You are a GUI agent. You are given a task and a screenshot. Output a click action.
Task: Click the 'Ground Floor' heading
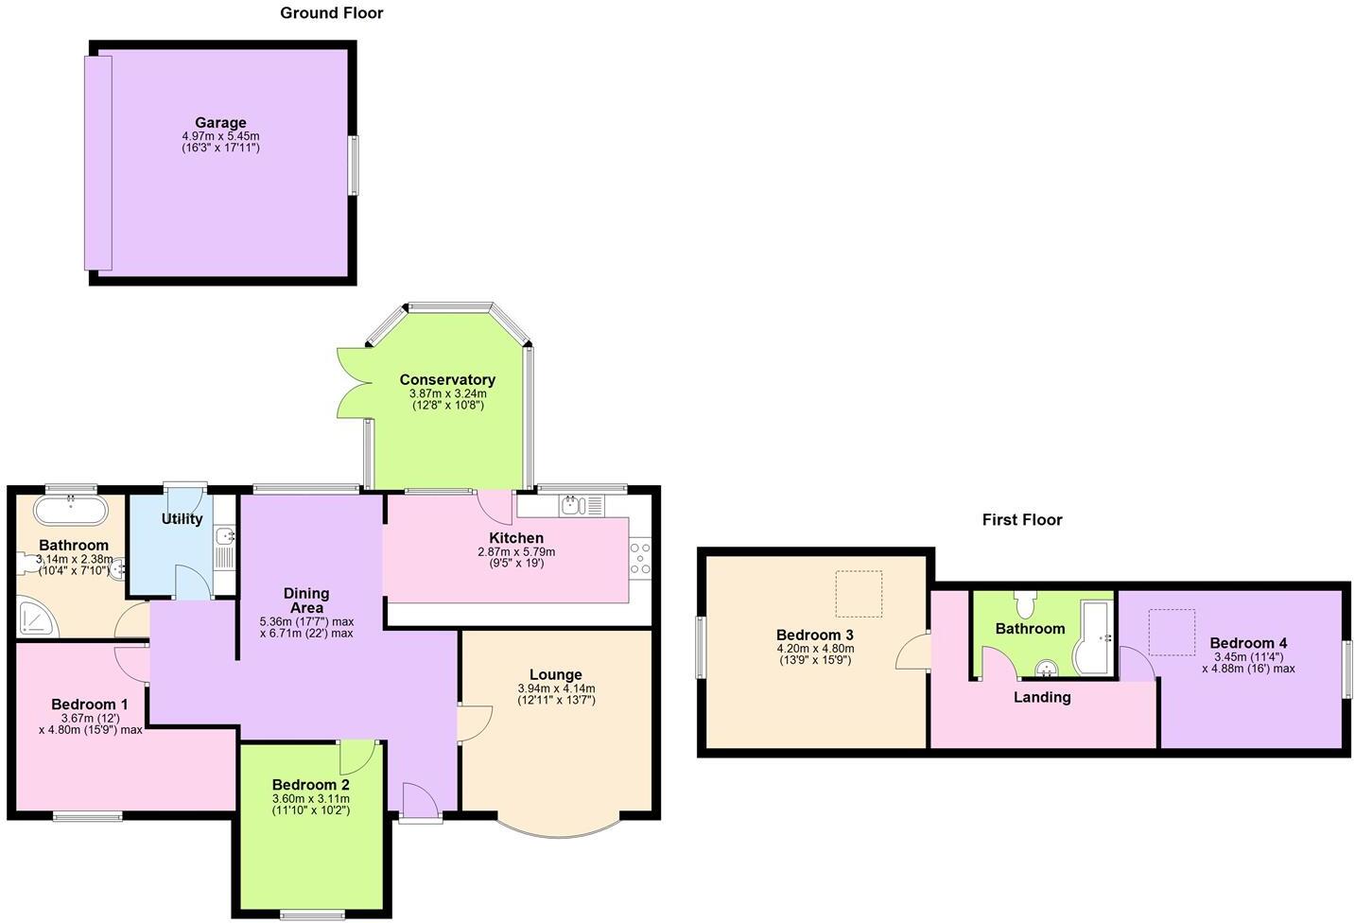[331, 13]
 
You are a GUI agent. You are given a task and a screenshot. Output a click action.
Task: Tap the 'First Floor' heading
[1021, 520]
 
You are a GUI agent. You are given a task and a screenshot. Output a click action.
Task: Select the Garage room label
[220, 123]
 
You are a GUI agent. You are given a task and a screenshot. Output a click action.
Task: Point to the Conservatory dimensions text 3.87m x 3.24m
[447, 393]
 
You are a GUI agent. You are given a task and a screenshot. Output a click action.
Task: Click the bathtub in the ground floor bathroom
[70, 511]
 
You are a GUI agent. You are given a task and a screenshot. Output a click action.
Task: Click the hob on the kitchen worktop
[640, 557]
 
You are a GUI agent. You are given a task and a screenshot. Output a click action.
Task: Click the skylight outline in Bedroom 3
[858, 594]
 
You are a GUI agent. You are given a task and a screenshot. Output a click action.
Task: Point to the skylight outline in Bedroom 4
[1172, 632]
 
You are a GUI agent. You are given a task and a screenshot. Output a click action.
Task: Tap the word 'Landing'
[1042, 698]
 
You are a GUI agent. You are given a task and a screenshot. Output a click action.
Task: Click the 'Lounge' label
[556, 675]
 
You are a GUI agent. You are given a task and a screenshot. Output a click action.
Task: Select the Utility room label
[182, 519]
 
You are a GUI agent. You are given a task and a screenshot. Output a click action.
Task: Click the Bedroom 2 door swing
[357, 757]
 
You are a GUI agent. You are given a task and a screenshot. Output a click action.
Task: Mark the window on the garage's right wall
[354, 165]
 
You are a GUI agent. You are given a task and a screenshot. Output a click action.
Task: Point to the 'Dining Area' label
[306, 601]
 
